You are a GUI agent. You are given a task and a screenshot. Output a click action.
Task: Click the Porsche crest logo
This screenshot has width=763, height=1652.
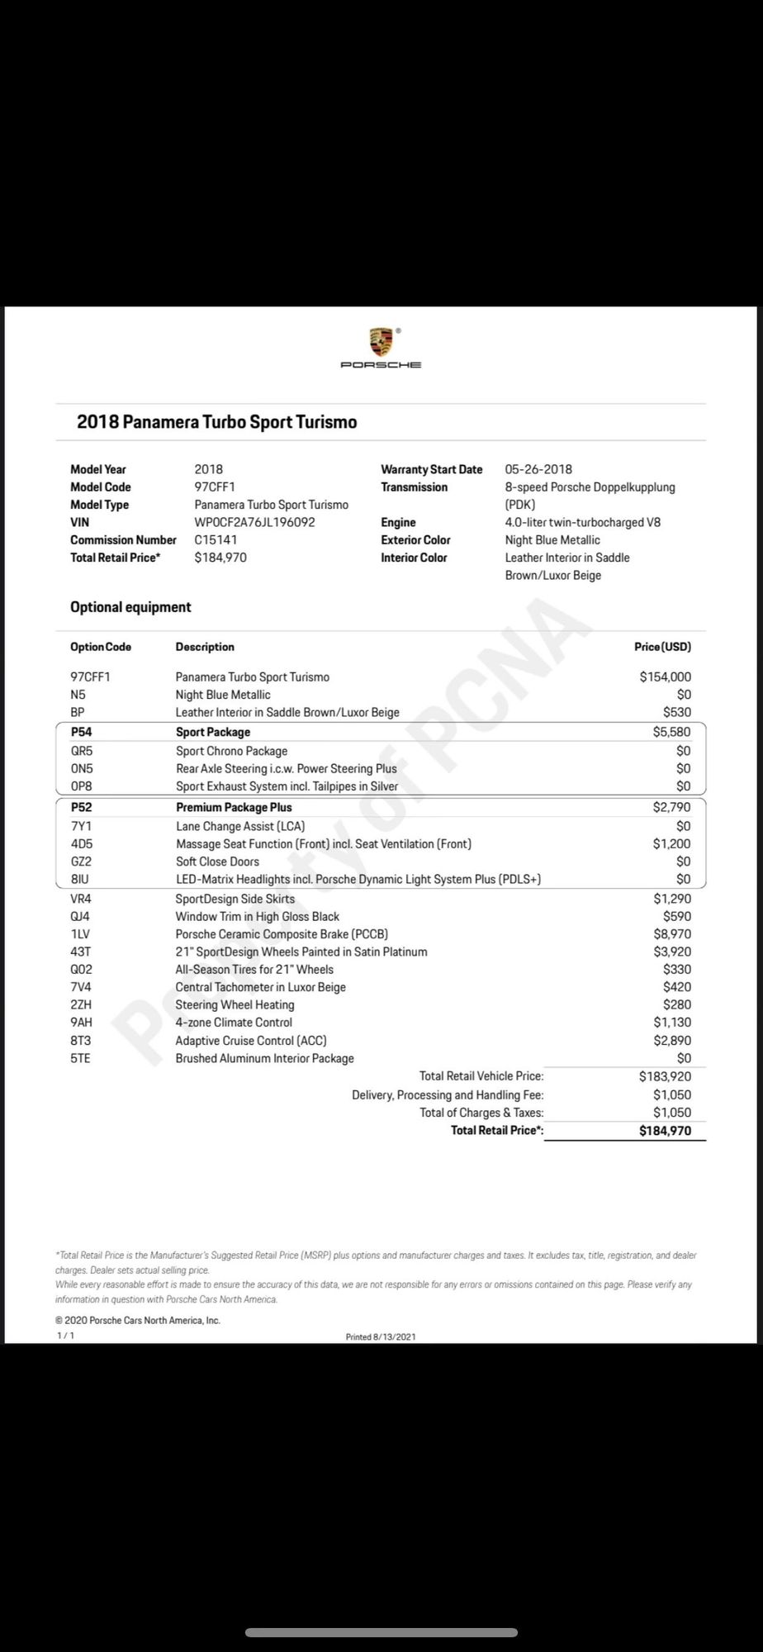[x=381, y=341]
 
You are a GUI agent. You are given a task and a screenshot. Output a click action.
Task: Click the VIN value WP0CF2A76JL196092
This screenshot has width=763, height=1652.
[x=254, y=522]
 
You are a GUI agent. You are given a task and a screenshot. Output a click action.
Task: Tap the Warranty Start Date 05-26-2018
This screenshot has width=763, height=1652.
[x=538, y=469]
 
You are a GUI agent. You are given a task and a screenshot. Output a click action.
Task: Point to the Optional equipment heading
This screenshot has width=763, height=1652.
[x=130, y=607]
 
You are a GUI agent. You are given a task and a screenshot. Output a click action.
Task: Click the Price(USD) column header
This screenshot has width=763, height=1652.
[x=662, y=647]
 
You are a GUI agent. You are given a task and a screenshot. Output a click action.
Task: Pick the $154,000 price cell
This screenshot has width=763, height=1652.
[x=665, y=677]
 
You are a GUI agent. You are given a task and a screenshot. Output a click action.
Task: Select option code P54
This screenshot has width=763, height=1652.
[x=81, y=732]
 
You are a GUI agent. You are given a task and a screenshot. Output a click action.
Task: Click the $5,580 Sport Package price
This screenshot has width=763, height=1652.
[x=671, y=732]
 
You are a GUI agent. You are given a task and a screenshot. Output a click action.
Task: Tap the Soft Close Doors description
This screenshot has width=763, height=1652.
[x=217, y=862]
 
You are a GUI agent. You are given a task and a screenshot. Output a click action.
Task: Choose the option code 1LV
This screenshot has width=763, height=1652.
[x=80, y=934]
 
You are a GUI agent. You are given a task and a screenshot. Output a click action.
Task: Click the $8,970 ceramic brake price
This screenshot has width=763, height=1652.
[x=672, y=934]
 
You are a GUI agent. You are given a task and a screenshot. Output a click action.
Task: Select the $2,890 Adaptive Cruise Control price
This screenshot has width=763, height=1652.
[x=672, y=1041]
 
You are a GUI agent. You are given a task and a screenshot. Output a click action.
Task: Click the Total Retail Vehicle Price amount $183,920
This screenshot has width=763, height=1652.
[x=665, y=1076]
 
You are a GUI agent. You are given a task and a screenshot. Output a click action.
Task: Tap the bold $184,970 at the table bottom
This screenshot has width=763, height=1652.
[x=665, y=1131]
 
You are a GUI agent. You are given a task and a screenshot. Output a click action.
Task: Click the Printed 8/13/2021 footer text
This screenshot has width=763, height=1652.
[x=381, y=1336]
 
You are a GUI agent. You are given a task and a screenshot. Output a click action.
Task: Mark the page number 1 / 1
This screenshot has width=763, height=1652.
[x=65, y=1336]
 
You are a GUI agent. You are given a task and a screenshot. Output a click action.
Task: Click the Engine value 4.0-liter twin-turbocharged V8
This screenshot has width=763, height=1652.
[x=582, y=522]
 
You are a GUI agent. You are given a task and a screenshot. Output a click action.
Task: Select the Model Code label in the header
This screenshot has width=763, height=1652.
[x=101, y=487]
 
